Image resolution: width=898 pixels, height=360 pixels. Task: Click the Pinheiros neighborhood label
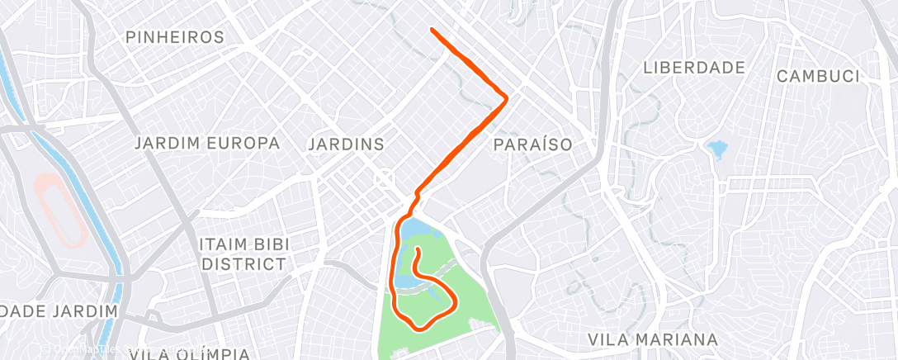175,37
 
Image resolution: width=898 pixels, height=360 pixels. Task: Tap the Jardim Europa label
207,144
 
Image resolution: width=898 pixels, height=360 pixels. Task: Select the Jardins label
346,144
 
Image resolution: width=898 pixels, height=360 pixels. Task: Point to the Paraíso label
533,144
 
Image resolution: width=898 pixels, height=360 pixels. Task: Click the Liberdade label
694,68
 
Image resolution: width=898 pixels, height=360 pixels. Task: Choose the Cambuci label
818,77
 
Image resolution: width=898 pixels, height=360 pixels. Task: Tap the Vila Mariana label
652,339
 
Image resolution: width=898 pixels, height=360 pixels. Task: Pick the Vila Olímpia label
189,354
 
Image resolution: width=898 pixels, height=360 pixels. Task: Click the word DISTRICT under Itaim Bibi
244,264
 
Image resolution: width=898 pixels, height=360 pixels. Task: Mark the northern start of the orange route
432,31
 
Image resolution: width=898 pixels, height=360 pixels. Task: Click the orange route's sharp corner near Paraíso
506,97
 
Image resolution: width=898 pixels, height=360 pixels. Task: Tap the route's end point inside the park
418,249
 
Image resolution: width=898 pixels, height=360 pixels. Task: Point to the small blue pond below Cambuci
717,149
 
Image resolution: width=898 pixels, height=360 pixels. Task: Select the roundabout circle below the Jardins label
384,178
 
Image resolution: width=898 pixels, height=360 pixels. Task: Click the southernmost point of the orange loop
422,328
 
